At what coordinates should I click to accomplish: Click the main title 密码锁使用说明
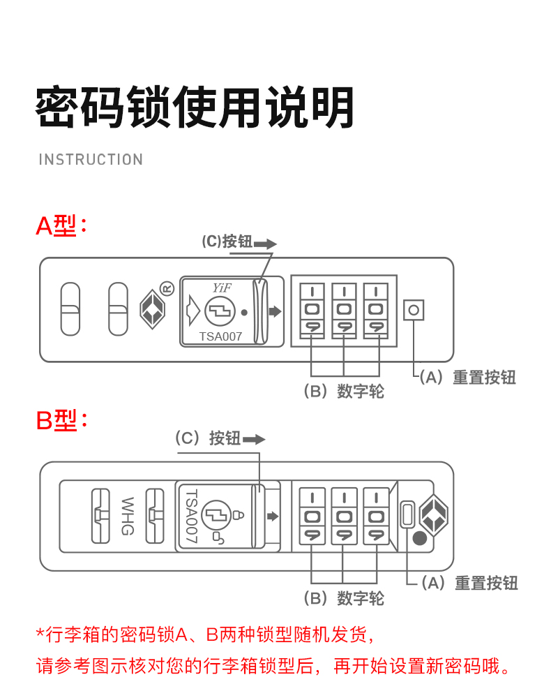click(195, 107)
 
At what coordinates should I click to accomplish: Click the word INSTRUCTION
click(91, 160)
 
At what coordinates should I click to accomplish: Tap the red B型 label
click(61, 420)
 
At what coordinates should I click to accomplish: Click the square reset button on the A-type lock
click(414, 310)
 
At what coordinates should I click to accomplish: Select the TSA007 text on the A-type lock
click(220, 336)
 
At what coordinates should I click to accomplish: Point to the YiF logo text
click(222, 288)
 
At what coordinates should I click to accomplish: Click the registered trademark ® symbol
click(167, 287)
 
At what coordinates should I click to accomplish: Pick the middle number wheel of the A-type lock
click(343, 309)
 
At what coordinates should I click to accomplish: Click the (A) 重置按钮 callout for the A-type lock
click(467, 378)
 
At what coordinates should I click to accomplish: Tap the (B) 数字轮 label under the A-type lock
click(344, 391)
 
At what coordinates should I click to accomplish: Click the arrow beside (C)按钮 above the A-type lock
click(265, 244)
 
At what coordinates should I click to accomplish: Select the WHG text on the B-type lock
click(128, 516)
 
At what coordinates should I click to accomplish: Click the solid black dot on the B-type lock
click(419, 538)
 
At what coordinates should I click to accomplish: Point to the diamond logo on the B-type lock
click(433, 516)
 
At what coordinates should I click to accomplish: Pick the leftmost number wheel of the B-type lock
click(312, 517)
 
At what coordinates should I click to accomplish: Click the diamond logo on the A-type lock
click(151, 309)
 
